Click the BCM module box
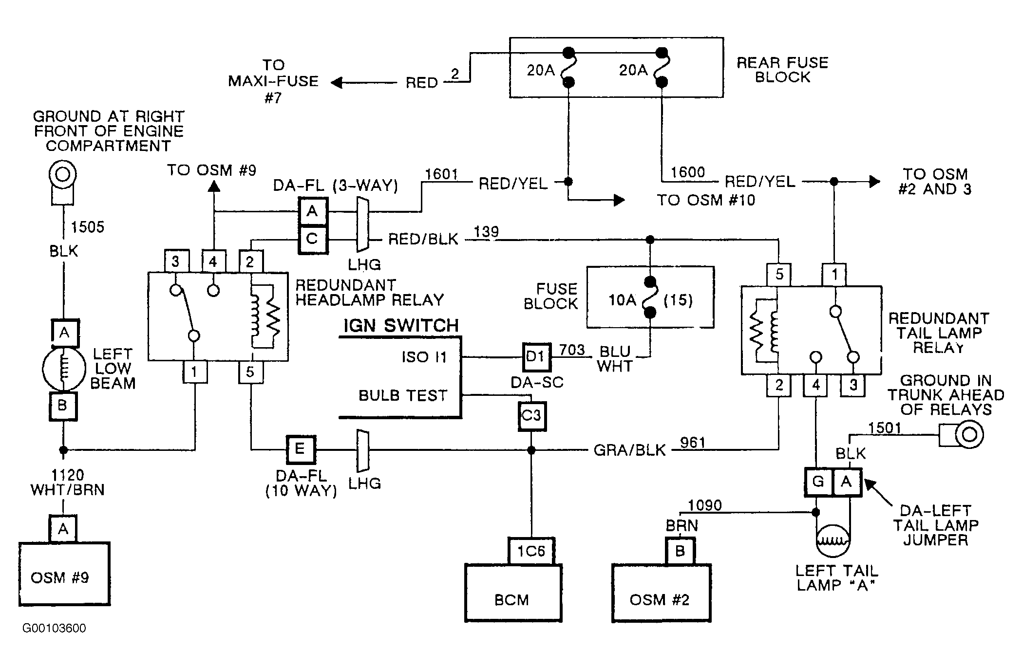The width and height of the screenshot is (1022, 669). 513,593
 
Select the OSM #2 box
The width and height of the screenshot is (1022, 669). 661,593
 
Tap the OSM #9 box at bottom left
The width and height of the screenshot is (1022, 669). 64,574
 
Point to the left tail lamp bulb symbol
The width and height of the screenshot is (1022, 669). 833,540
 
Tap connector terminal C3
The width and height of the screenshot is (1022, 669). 531,416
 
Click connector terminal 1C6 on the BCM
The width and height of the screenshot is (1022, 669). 531,551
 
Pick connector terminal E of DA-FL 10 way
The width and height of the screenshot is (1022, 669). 300,449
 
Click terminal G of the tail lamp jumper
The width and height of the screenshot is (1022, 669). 819,482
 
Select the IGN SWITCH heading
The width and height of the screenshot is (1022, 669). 401,326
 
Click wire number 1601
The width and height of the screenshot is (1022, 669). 441,174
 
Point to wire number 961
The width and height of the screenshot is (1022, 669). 693,443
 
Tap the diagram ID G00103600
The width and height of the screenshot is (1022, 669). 54,628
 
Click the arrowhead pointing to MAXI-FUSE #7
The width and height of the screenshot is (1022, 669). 336,83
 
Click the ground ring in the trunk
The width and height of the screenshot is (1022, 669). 969,434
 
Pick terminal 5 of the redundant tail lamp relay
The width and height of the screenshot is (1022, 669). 779,274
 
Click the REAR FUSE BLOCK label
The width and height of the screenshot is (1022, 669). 782,70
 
